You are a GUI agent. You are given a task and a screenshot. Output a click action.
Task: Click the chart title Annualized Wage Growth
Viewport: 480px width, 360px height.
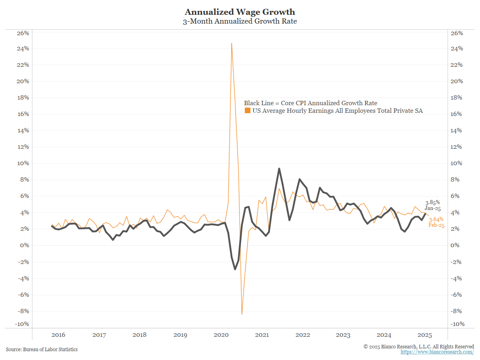point(240,12)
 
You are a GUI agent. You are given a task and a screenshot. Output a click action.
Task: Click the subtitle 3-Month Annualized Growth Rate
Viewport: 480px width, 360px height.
point(240,21)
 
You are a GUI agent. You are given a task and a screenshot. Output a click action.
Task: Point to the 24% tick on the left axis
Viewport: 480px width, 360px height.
point(22,49)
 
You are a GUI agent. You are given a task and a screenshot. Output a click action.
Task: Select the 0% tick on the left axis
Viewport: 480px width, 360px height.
point(24,245)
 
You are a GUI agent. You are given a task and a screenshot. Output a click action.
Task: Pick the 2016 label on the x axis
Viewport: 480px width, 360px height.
point(58,335)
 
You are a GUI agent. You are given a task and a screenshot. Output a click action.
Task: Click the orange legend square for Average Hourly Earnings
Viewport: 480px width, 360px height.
point(248,111)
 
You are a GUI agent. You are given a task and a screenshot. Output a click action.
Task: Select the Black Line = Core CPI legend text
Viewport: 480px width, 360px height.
point(310,103)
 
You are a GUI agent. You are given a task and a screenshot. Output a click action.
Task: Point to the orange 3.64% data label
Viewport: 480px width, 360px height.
point(436,219)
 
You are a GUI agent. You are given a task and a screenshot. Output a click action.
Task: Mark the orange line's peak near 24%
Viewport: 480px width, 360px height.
point(232,43)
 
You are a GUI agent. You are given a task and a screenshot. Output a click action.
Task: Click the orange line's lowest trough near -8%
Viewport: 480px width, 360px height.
point(242,314)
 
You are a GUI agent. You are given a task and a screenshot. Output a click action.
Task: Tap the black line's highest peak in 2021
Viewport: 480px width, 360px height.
point(279,169)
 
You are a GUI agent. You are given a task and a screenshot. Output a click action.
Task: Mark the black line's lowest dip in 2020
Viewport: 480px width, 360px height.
point(235,269)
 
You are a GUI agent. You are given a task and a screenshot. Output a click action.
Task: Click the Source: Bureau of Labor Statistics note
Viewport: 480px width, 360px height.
point(42,349)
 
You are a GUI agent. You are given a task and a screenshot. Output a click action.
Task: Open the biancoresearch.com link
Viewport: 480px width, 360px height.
point(437,352)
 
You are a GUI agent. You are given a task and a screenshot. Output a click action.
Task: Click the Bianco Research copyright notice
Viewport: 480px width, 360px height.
point(418,346)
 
